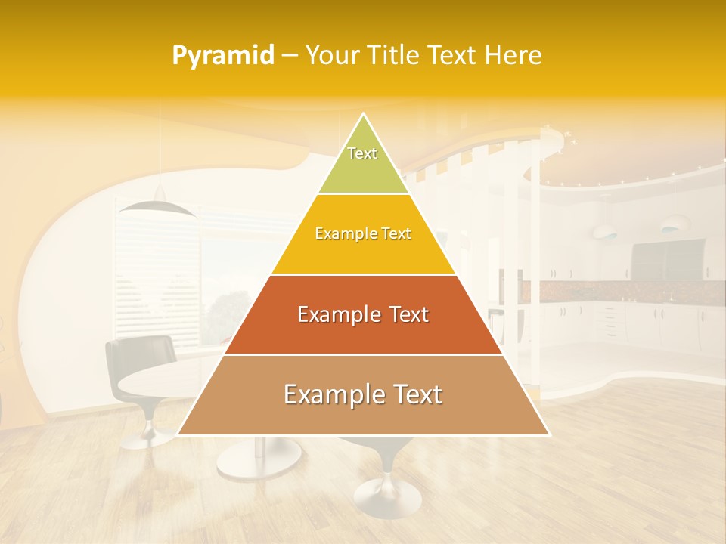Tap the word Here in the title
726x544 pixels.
513,56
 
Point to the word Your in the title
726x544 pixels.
332,56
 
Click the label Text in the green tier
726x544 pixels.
362,153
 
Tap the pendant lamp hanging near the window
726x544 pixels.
157,205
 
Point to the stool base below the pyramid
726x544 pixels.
387,495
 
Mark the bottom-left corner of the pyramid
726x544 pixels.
178,434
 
